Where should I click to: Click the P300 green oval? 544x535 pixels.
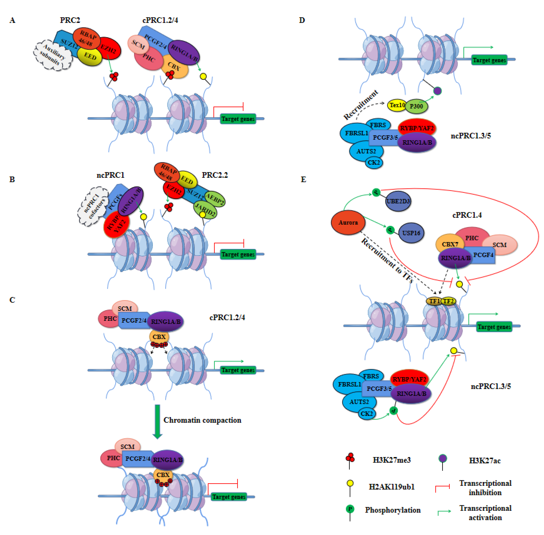(416, 106)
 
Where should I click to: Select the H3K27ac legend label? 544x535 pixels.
(484, 460)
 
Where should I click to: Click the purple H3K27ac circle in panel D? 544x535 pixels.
(437, 91)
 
